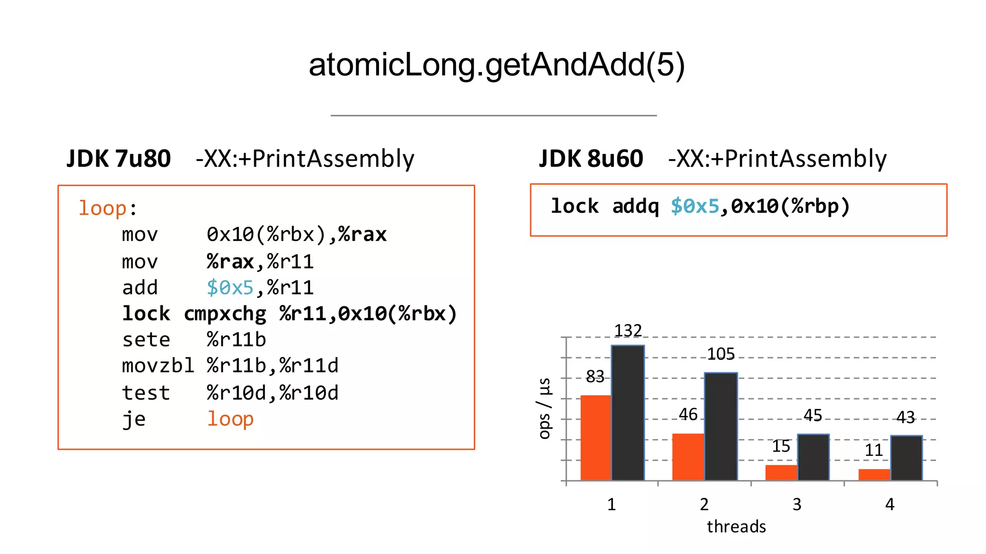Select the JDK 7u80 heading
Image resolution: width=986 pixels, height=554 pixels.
118,159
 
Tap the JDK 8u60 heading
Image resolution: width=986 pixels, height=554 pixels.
591,159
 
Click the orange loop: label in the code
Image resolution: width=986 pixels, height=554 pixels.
103,208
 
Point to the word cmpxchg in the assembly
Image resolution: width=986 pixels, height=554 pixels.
225,314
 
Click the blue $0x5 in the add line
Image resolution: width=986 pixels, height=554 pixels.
230,288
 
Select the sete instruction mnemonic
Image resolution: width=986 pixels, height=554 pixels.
146,340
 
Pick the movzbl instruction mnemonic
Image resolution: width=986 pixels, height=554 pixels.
158,366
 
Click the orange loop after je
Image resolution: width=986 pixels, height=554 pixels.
230,419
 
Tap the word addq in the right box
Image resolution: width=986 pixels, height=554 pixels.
635,206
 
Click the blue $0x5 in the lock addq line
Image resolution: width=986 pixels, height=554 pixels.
694,206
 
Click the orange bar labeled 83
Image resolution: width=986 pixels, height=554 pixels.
596,438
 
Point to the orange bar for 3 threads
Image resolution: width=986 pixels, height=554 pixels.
781,472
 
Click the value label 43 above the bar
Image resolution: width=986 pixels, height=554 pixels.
905,417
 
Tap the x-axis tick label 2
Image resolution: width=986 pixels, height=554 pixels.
704,504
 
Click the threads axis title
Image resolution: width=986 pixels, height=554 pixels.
736,527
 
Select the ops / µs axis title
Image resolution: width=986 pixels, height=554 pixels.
544,408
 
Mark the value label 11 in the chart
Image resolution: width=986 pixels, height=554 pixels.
873,451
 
